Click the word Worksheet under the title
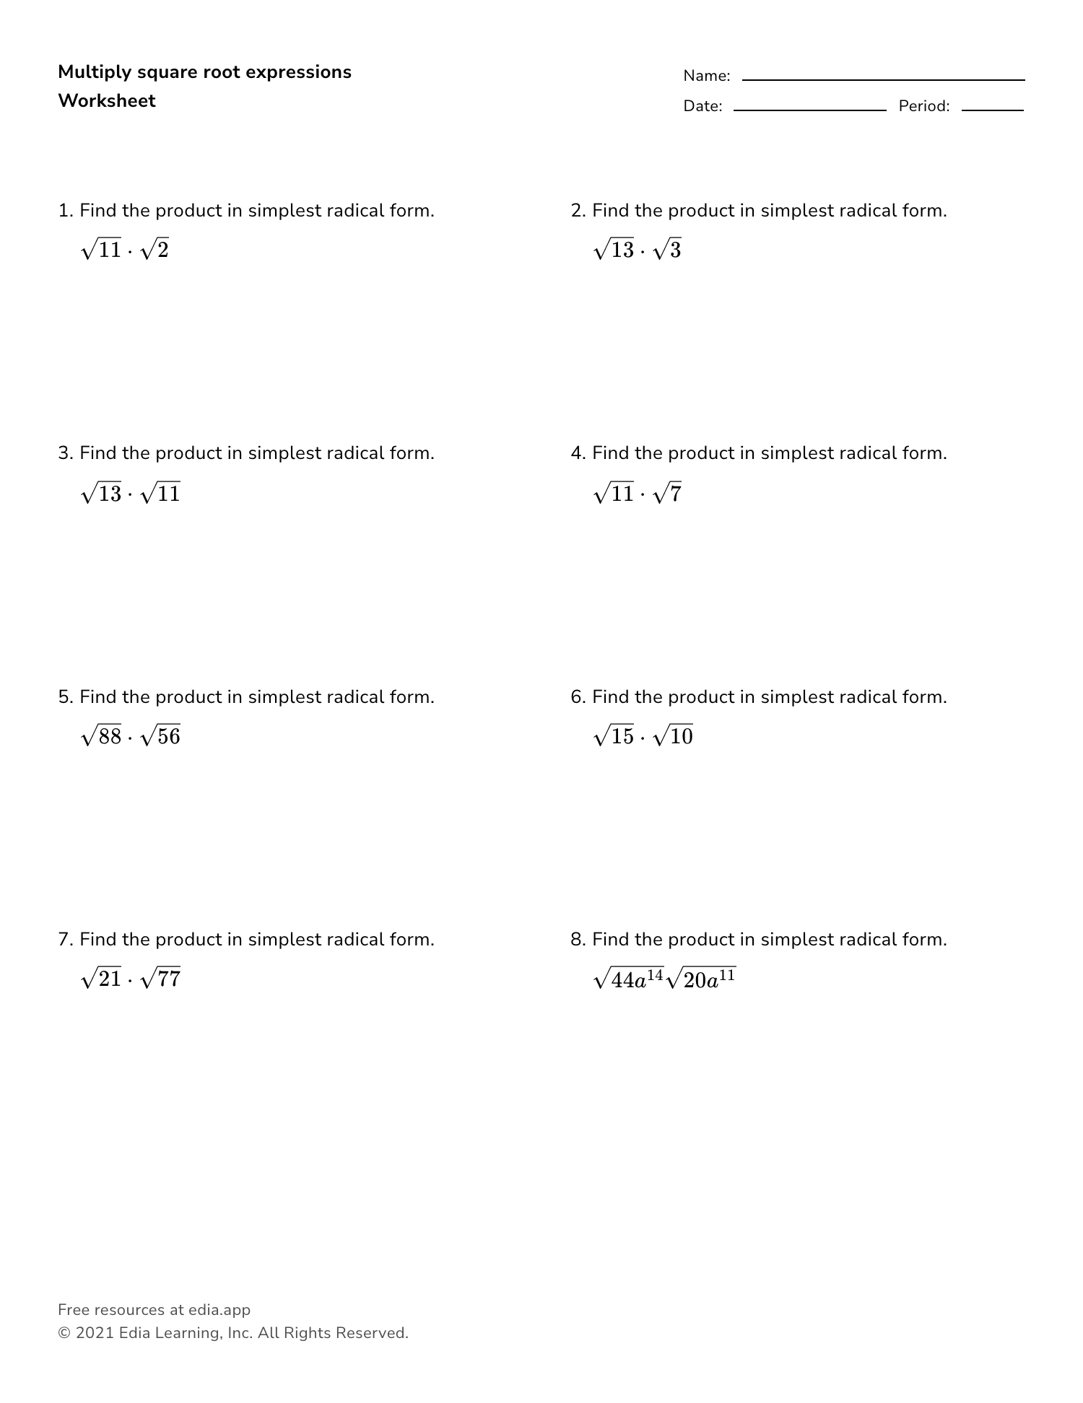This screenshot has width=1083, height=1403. pos(107,101)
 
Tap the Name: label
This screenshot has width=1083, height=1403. pos(707,76)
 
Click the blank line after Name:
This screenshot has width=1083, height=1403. pos(883,79)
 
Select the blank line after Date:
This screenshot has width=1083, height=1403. pos(809,109)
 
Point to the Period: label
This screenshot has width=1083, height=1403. pos(924,106)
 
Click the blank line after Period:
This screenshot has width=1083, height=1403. pos(992,109)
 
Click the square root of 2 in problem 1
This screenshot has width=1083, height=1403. pos(155,250)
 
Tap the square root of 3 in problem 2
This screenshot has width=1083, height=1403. pos(667,250)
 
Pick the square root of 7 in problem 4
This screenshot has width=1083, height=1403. pos(667,494)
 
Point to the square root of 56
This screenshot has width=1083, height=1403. pos(161,736)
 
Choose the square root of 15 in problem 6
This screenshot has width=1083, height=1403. pos(614,736)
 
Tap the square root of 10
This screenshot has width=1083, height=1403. pos(673,736)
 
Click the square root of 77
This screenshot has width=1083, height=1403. pos(161,979)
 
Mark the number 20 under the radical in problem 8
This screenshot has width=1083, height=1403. pos(694,981)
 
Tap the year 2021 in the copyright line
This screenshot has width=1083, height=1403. pos(95,1333)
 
